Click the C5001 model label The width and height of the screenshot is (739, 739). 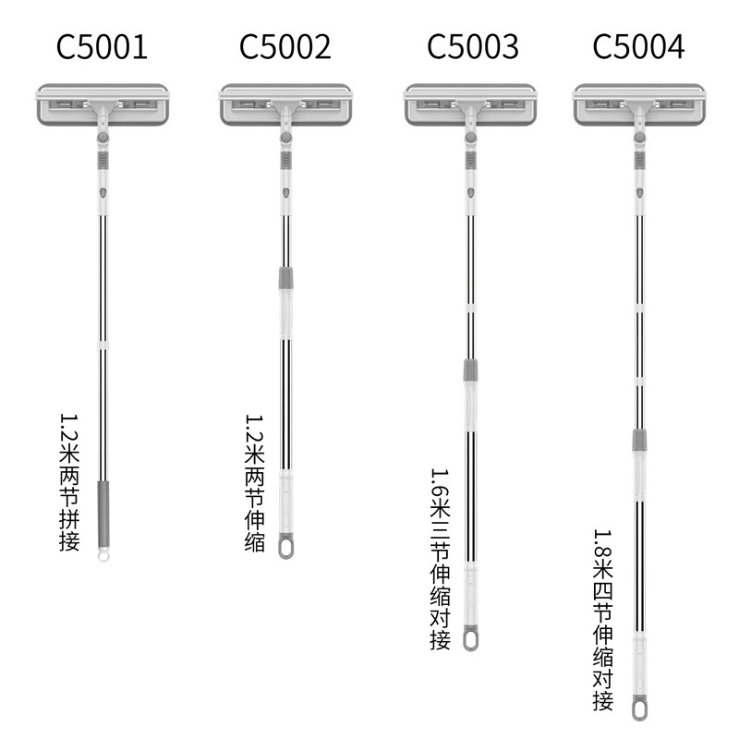pyautogui.click(x=102, y=46)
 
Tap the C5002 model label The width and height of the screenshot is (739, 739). pyautogui.click(x=285, y=46)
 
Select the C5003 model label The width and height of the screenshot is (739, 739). pyautogui.click(x=472, y=46)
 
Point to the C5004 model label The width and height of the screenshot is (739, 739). pyautogui.click(x=639, y=46)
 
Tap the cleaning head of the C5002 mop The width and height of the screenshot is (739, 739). pyautogui.click(x=285, y=105)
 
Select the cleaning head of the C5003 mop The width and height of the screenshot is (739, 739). pyautogui.click(x=470, y=105)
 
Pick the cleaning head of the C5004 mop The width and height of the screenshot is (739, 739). pyautogui.click(x=638, y=105)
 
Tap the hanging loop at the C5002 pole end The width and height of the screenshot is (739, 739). pyautogui.click(x=286, y=545)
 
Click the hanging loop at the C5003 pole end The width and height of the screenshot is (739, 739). pyautogui.click(x=471, y=638)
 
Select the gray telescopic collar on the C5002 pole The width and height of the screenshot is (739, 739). pyautogui.click(x=286, y=278)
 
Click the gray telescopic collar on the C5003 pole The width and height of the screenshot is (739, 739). pyautogui.click(x=470, y=370)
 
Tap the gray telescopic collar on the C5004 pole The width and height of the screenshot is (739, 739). pyautogui.click(x=638, y=440)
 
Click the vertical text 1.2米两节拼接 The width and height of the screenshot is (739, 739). pyautogui.click(x=69, y=481)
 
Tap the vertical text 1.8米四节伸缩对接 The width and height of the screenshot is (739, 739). pyautogui.click(x=603, y=619)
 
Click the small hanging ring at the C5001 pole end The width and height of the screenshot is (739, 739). pyautogui.click(x=103, y=556)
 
